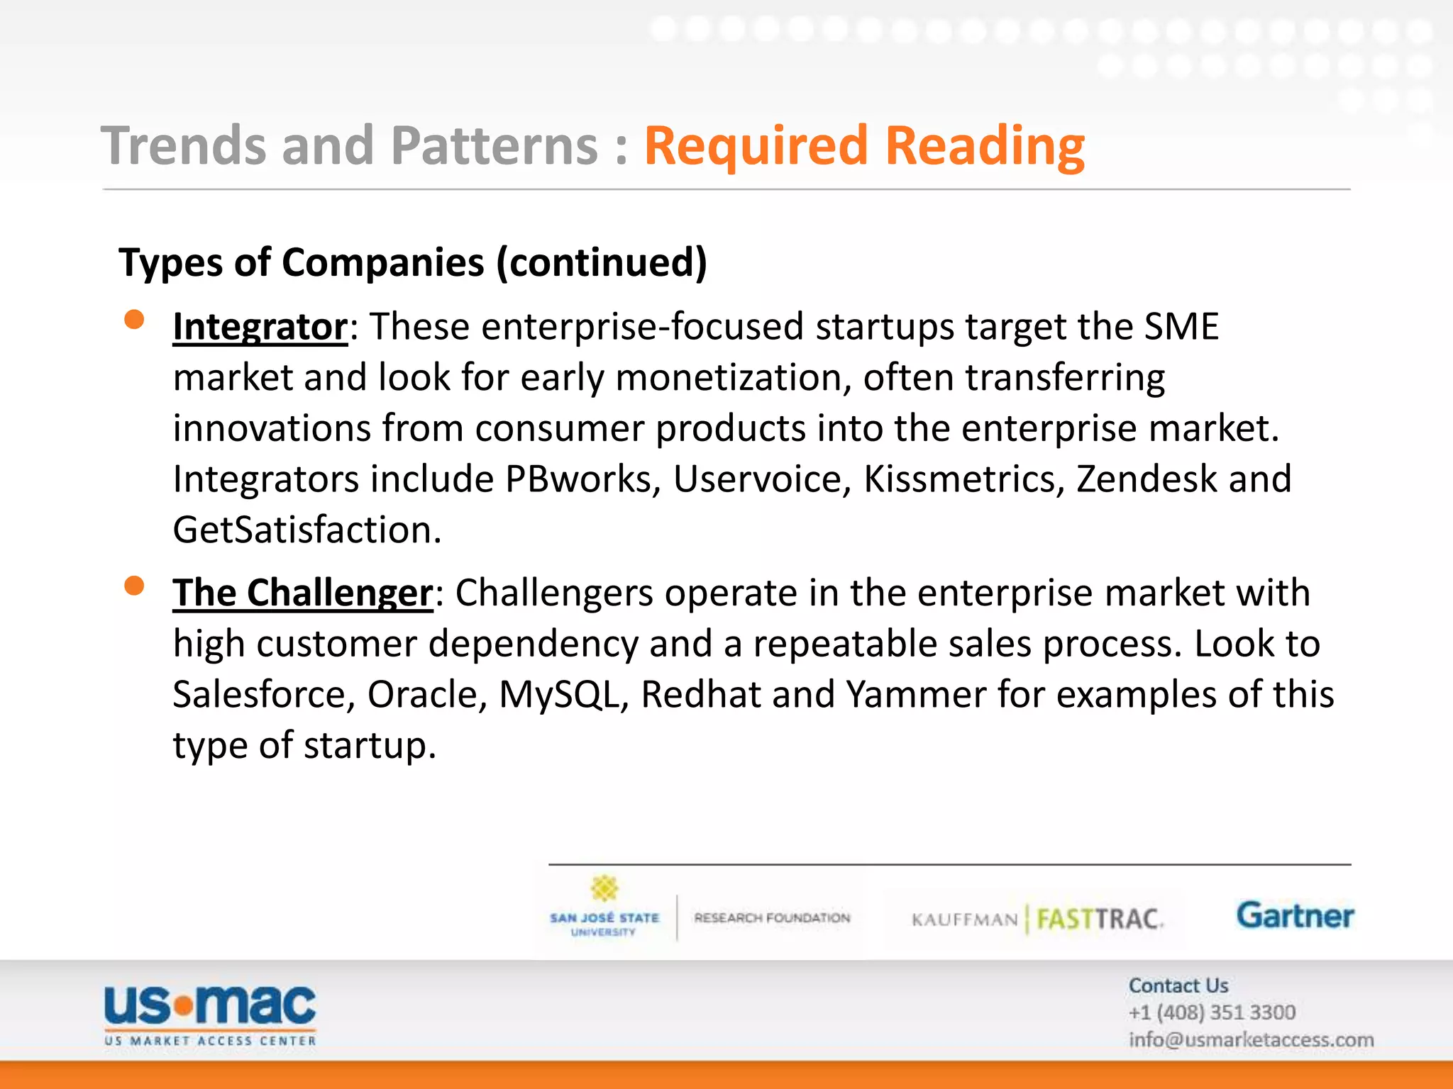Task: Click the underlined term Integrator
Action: (260, 328)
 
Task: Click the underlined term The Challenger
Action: (302, 593)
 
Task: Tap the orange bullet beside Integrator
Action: (134, 320)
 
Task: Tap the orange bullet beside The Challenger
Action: (134, 586)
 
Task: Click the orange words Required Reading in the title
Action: (863, 146)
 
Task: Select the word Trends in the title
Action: (184, 146)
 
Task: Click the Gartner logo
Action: (1295, 916)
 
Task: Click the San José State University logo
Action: (604, 910)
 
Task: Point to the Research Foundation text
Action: (772, 918)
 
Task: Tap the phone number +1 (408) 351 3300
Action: (1212, 1012)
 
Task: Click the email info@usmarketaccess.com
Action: (1251, 1040)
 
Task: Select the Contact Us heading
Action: (1178, 985)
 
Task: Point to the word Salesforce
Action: (263, 696)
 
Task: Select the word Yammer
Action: (916, 696)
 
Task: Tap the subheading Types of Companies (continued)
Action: (413, 263)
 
